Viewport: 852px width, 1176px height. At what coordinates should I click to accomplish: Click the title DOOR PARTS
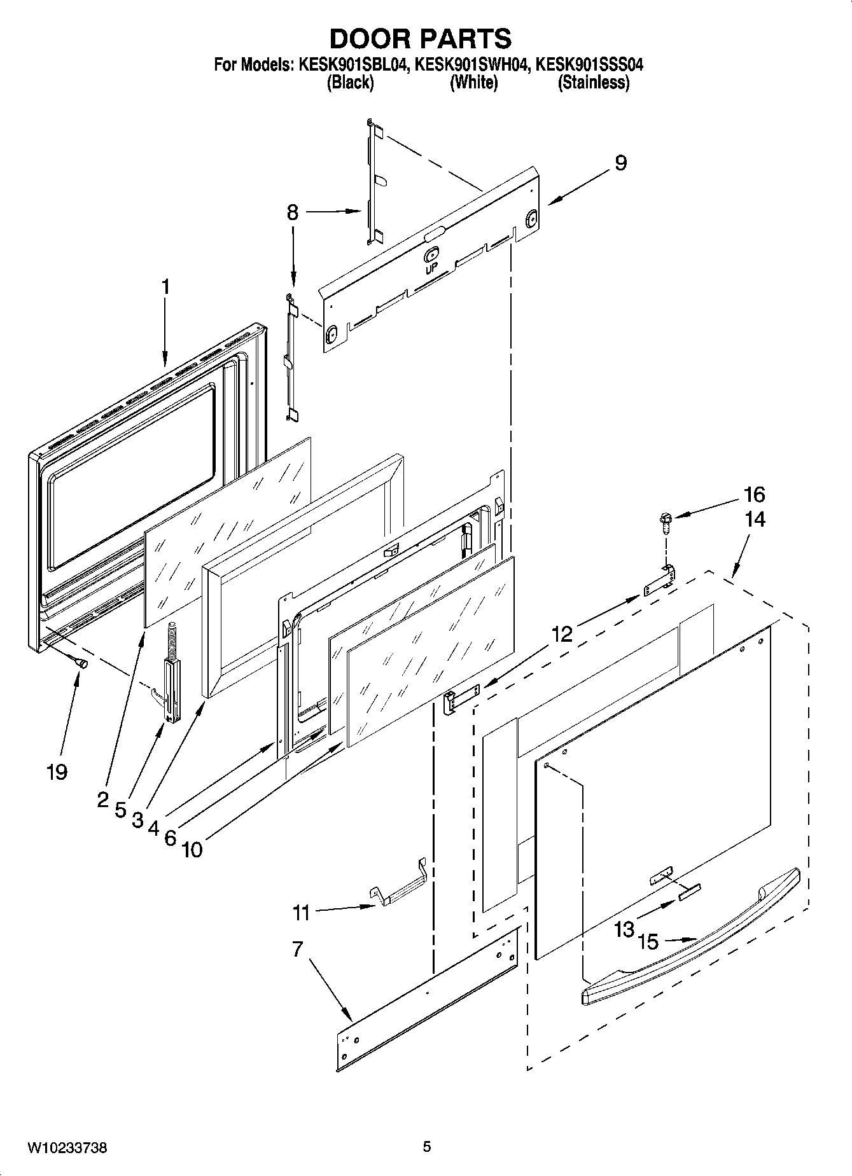click(420, 39)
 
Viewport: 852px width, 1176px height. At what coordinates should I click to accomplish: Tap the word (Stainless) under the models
click(594, 83)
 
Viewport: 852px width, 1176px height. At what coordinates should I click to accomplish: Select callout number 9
click(620, 163)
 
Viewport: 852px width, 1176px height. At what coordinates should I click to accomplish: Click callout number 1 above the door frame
click(165, 287)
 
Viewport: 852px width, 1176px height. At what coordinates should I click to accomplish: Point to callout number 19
click(57, 772)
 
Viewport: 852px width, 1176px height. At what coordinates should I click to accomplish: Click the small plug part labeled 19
click(81, 663)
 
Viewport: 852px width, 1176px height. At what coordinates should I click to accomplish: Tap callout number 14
click(755, 520)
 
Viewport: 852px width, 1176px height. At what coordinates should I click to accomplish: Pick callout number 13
click(624, 929)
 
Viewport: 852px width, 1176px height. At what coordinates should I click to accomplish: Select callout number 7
click(297, 949)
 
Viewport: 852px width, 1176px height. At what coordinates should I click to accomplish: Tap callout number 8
click(292, 212)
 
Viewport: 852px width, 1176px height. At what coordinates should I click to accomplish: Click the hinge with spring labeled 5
click(172, 681)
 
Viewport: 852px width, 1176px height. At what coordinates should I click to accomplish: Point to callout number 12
click(562, 633)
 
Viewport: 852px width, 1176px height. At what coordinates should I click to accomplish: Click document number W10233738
click(67, 1147)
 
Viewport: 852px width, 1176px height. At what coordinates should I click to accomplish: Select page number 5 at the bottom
click(426, 1147)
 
